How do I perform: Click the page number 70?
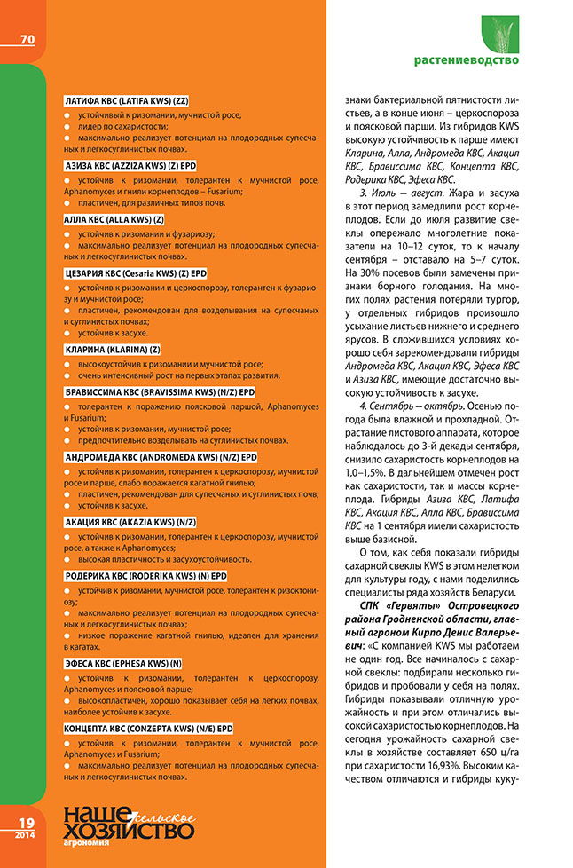click(27, 39)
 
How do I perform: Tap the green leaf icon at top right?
click(499, 34)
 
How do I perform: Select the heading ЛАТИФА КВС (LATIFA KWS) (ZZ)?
click(130, 102)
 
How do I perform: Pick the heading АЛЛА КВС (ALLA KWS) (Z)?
click(114, 218)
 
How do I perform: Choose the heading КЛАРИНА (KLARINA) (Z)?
click(113, 350)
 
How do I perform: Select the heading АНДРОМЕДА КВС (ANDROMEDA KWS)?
click(160, 457)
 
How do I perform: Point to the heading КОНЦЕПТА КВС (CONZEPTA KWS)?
click(150, 728)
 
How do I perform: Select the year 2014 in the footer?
click(24, 834)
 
